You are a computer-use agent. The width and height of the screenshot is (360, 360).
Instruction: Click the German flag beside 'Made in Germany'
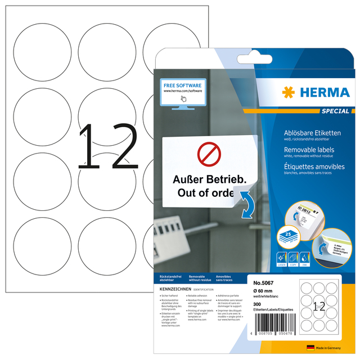(309, 348)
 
